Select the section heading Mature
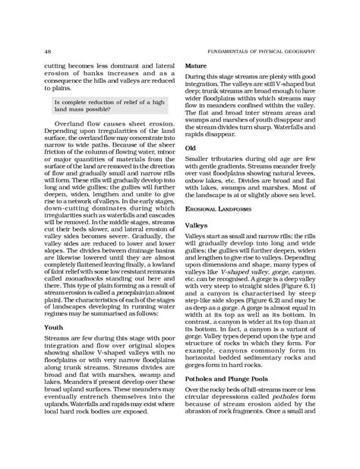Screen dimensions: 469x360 (x=197, y=67)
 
